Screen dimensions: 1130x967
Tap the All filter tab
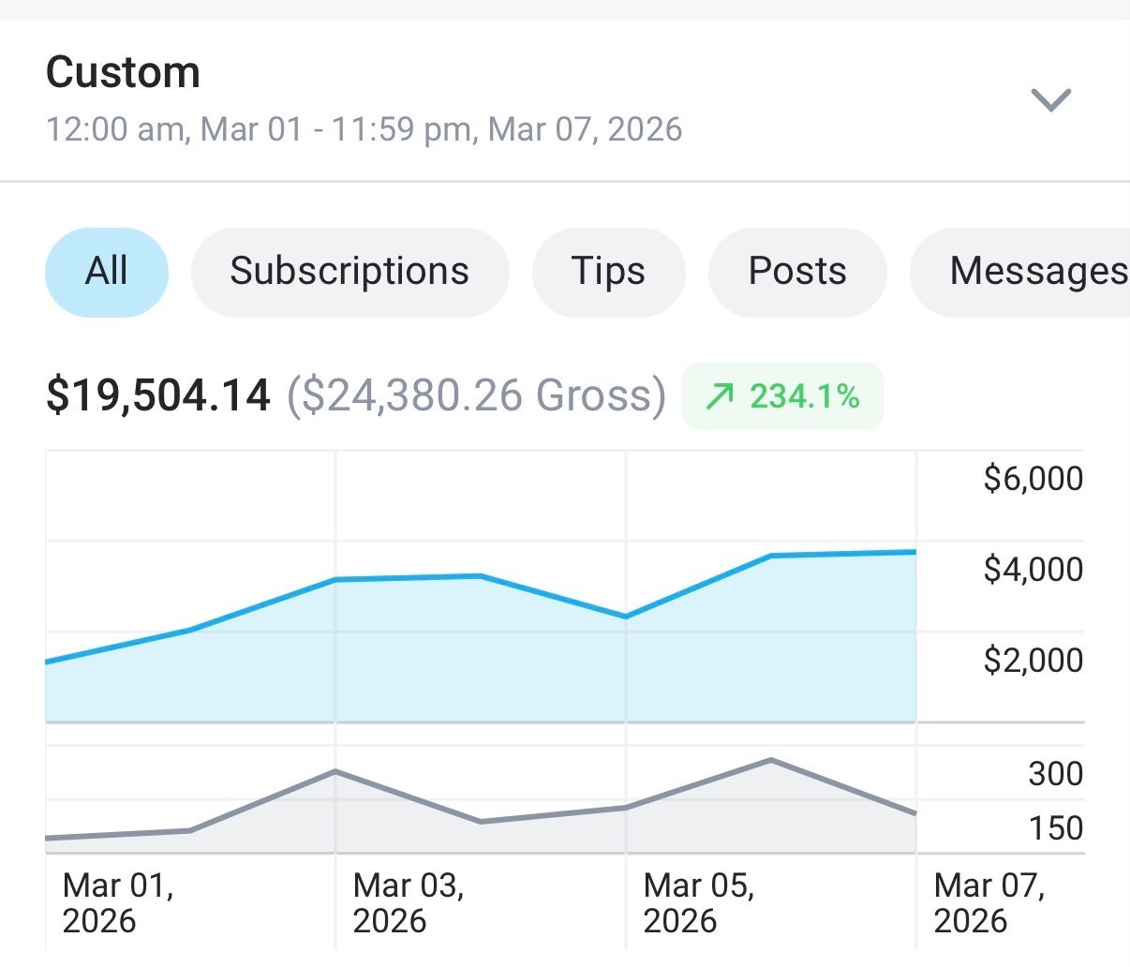point(107,273)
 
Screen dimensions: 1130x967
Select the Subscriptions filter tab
point(349,273)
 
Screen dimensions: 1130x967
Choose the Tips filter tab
point(608,273)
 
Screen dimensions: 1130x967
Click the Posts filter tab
point(797,273)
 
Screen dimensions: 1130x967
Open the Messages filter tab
point(1020,273)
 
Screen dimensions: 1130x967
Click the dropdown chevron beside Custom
point(1050,100)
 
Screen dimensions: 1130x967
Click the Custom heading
point(123,72)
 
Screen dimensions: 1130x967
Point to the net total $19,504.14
point(158,395)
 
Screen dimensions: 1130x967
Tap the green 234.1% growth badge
point(782,395)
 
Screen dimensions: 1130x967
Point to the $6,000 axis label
point(1033,478)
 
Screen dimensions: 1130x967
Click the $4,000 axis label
point(1033,569)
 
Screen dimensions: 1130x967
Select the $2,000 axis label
point(1033,660)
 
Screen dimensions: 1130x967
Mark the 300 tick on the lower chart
point(1056,773)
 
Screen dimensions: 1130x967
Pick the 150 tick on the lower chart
point(1056,827)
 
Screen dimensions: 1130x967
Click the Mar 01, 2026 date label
point(117,902)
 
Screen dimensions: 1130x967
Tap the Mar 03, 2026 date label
point(408,902)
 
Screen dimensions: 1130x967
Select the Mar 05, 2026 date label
point(699,902)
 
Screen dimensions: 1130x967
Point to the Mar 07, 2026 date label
point(989,902)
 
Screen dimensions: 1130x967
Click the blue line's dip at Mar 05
point(625,617)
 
